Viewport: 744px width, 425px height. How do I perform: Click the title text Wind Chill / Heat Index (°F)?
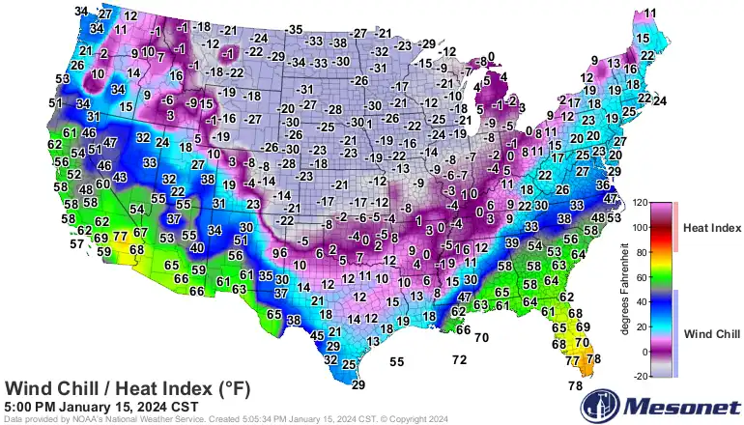click(129, 388)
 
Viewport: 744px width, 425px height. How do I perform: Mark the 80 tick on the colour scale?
click(640, 253)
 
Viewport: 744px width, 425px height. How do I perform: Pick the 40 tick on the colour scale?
click(640, 302)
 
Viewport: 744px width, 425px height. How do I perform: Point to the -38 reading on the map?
click(336, 42)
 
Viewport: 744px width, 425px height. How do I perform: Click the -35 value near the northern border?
click(295, 30)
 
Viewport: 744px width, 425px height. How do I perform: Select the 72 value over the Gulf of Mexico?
click(460, 359)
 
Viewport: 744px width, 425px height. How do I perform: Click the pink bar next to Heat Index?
click(676, 228)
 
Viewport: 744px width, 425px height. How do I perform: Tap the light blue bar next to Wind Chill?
click(676, 333)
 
